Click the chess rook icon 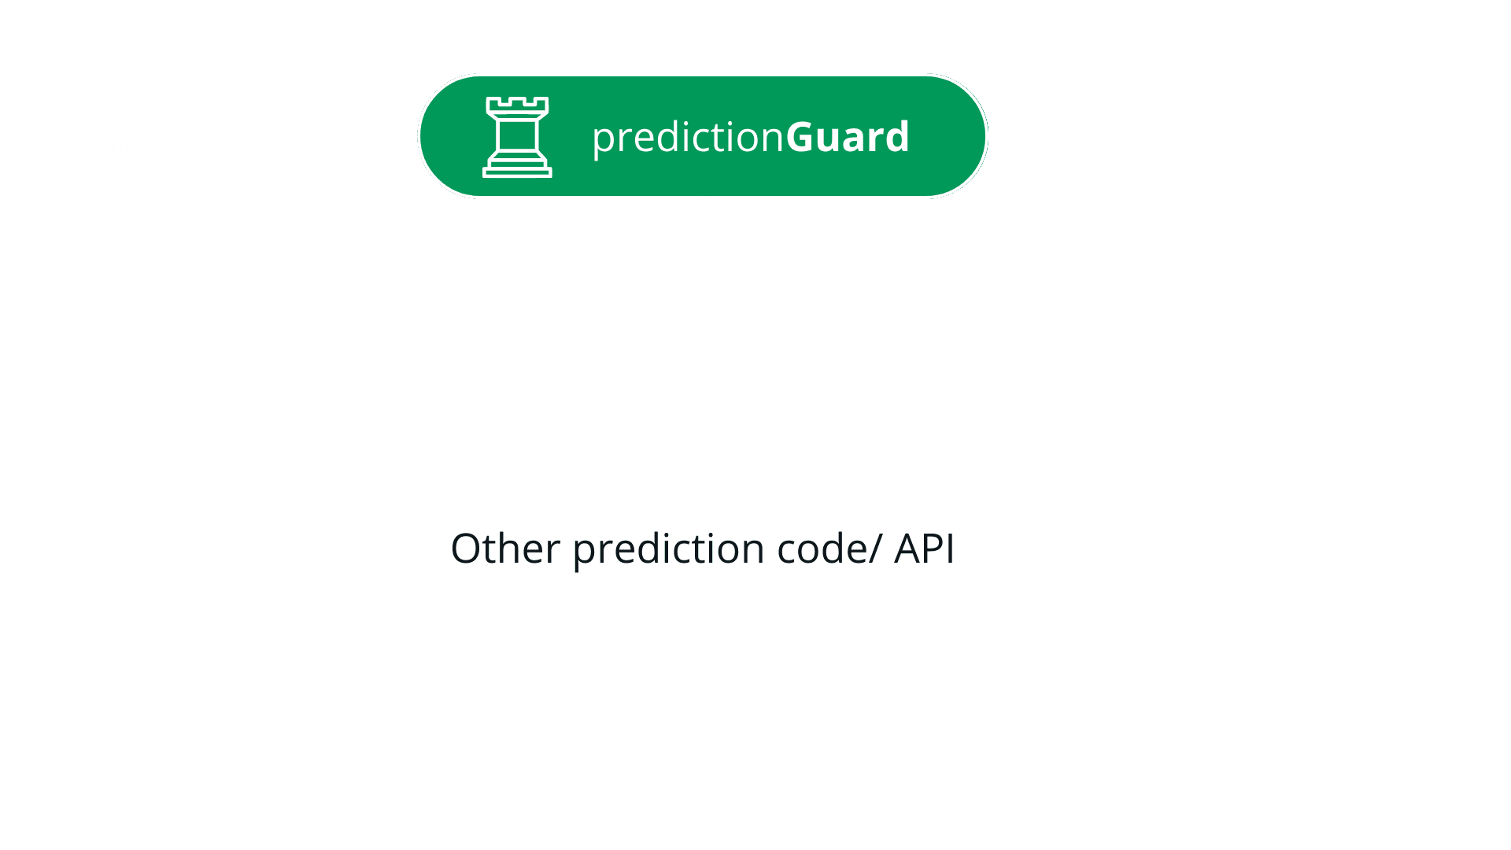click(x=517, y=137)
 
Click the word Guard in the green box click(x=847, y=137)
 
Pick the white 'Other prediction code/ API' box click(x=703, y=548)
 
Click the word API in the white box click(x=924, y=549)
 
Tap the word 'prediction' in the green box click(x=688, y=137)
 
